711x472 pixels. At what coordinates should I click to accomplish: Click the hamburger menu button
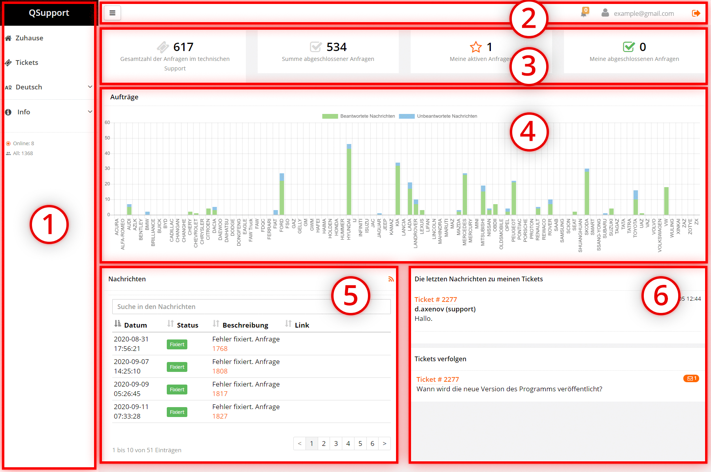112,13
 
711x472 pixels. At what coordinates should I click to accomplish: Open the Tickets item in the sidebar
26,63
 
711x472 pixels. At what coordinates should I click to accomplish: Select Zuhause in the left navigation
29,38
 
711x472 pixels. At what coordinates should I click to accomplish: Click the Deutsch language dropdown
48,87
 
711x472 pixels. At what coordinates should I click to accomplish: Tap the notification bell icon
584,13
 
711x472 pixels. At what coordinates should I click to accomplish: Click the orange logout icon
696,13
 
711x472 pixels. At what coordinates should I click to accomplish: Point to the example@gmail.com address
643,13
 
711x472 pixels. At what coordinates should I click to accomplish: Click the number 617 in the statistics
183,47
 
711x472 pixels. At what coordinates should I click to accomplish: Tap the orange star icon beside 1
476,47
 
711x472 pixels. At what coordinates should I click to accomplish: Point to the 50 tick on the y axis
107,138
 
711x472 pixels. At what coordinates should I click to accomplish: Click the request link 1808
220,371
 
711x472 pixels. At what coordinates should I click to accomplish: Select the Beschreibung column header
245,325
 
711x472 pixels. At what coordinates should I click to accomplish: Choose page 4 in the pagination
348,444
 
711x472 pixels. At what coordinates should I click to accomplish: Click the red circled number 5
351,296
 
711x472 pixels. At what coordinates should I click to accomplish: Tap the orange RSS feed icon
391,279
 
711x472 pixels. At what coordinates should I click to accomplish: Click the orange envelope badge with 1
691,379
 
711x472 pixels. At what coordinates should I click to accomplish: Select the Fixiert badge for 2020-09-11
177,412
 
